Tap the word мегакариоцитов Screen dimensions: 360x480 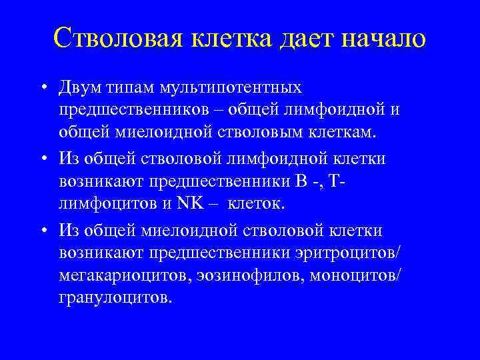129,275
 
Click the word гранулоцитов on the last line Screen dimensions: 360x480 115,297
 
